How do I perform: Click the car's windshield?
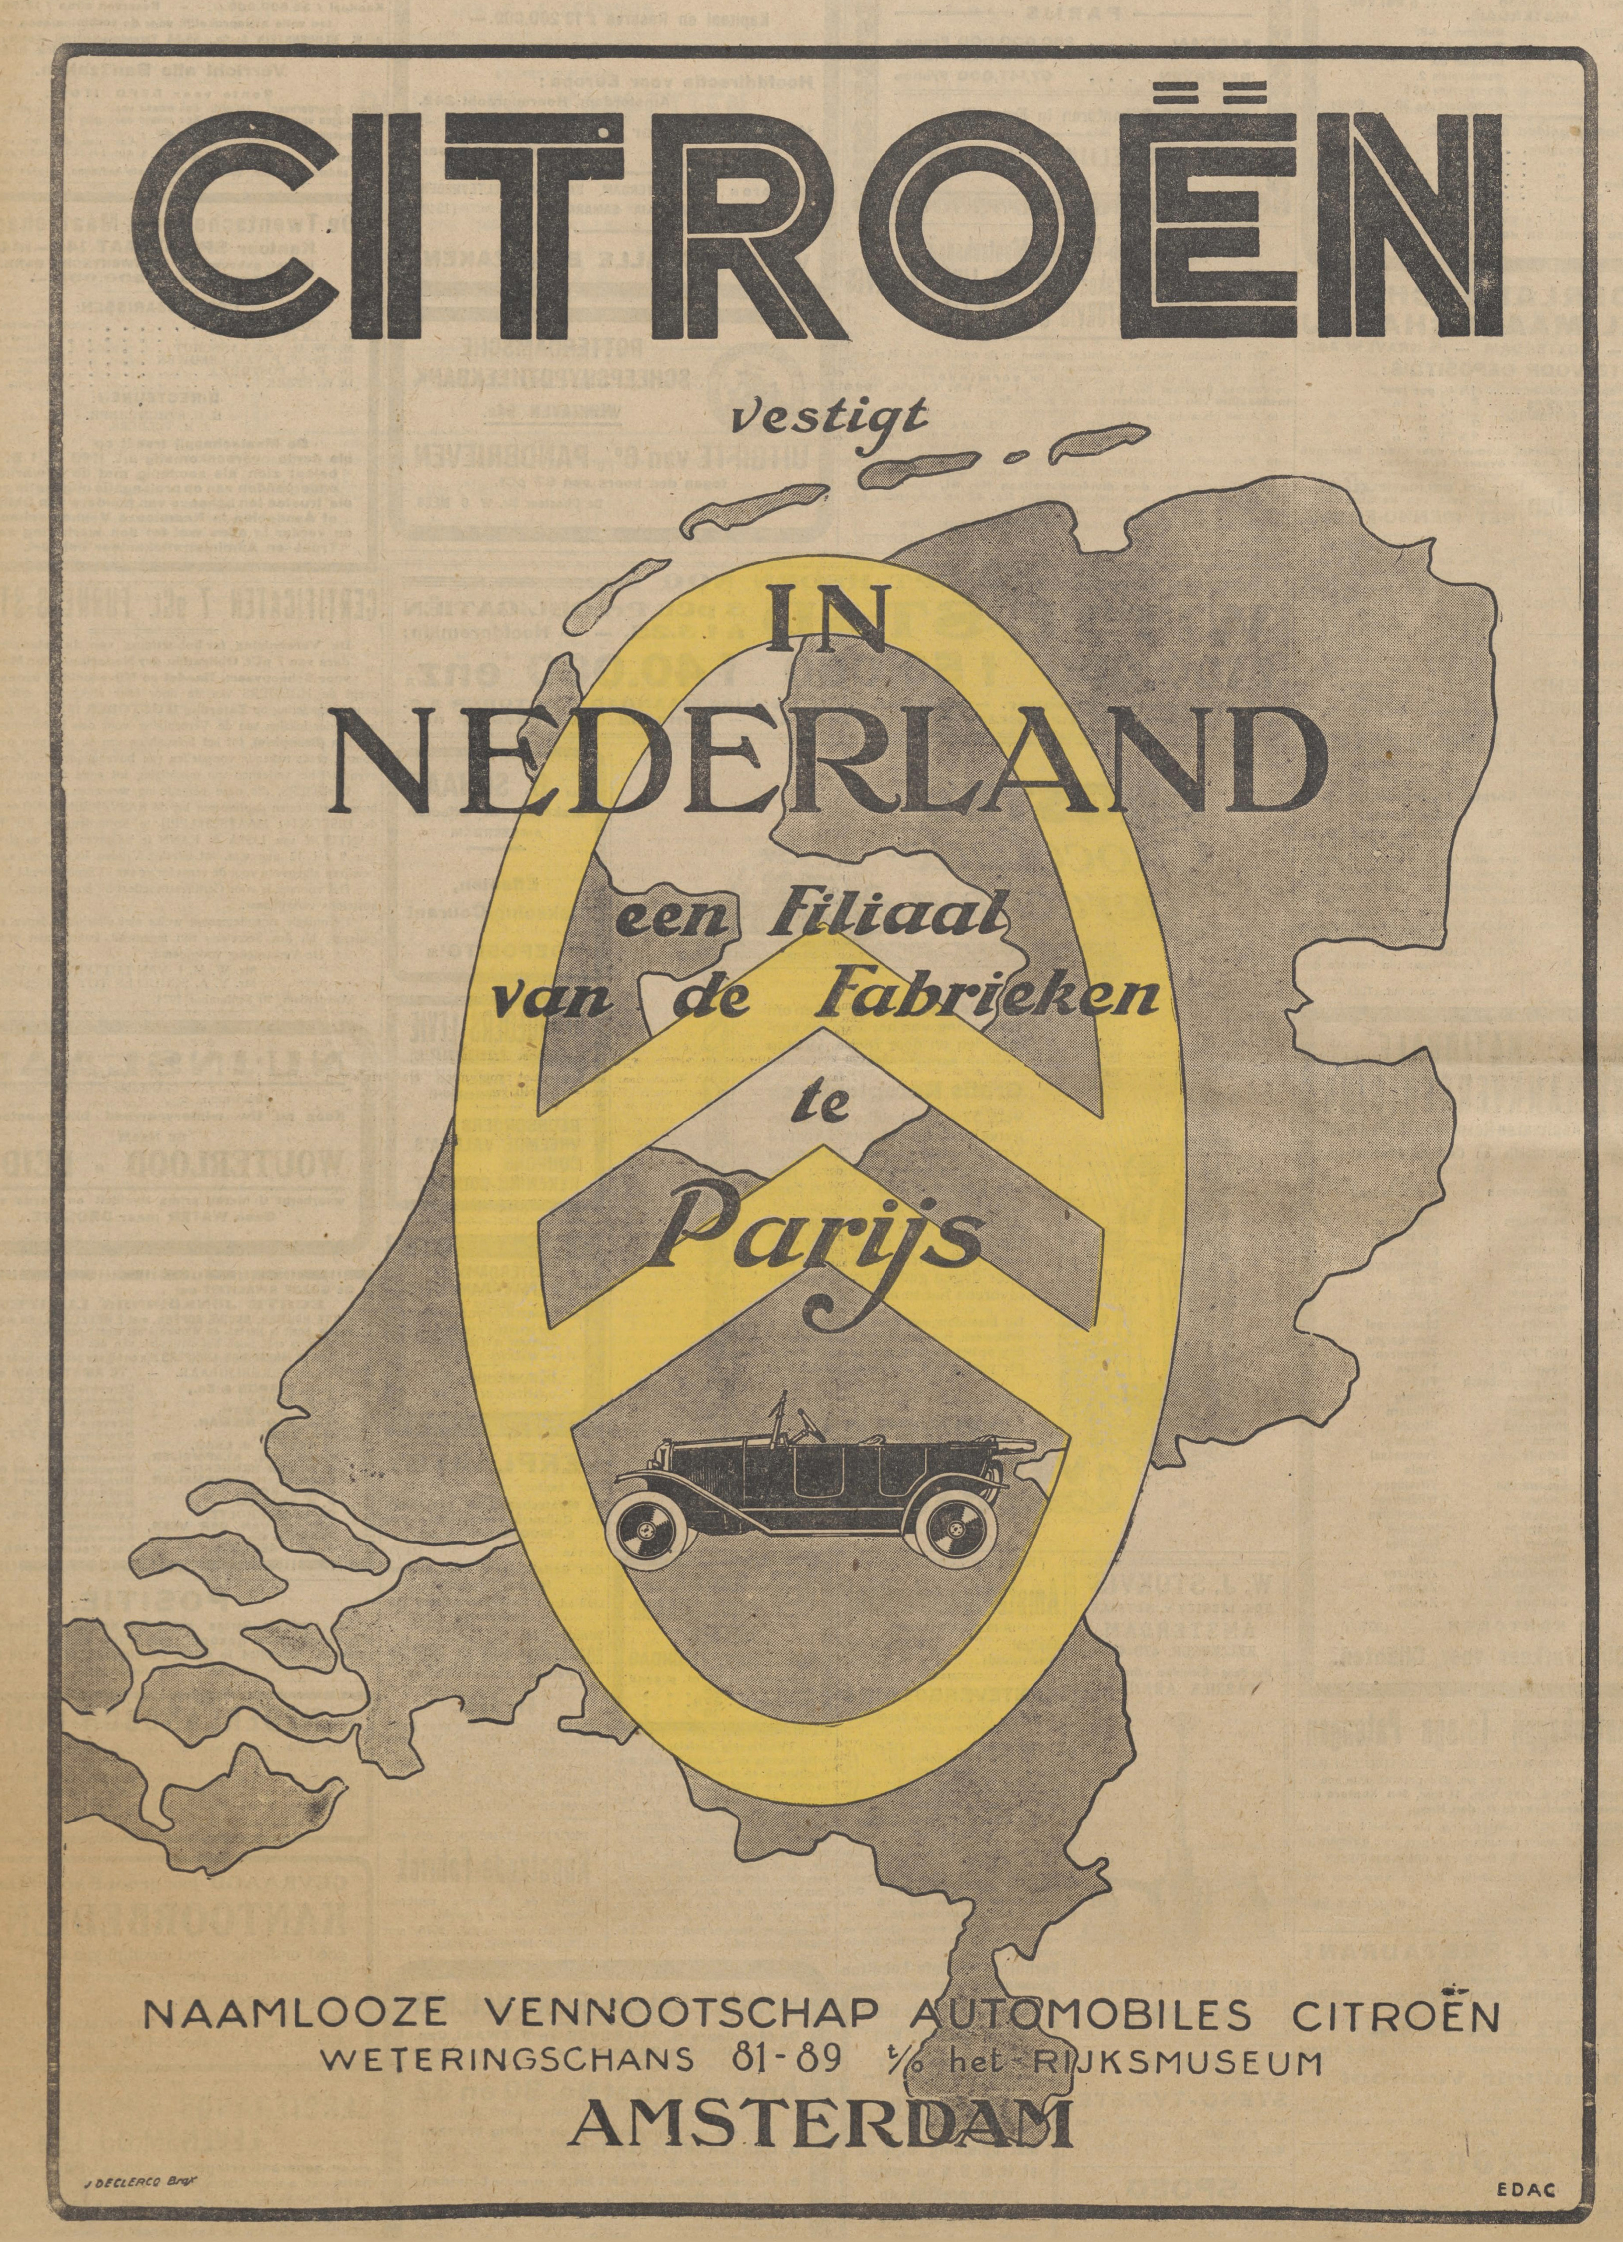[x=791, y=1425]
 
